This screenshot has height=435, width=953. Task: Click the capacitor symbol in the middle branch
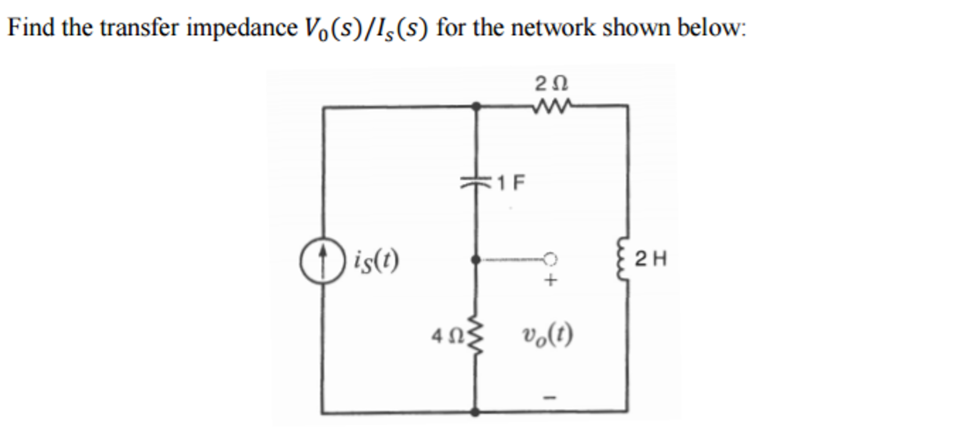click(x=475, y=183)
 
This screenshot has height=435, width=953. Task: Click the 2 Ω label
click(x=551, y=84)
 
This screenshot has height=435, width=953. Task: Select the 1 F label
click(x=511, y=183)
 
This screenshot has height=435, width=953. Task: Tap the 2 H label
click(x=651, y=259)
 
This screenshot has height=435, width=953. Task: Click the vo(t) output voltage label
click(x=548, y=334)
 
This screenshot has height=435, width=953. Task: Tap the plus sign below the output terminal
click(x=551, y=280)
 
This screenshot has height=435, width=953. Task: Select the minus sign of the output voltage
click(x=551, y=398)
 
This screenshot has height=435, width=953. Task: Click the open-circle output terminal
click(x=550, y=258)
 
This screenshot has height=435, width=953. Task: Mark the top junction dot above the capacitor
click(x=476, y=107)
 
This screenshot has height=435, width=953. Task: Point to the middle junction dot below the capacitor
click(x=476, y=259)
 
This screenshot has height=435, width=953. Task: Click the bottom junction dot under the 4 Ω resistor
click(x=475, y=412)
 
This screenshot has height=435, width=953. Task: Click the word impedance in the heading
click(x=241, y=28)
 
